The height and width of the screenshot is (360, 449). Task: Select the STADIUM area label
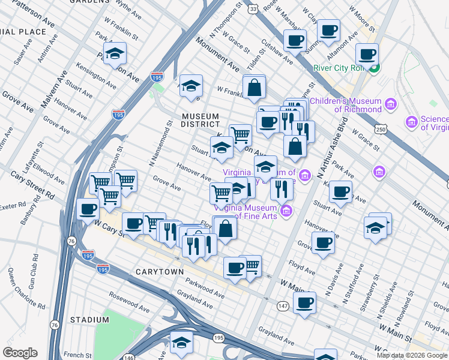[89, 320]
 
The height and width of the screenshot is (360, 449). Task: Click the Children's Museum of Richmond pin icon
[391, 105]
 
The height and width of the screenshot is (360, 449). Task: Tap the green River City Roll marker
[374, 68]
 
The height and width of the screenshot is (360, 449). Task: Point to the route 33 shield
[254, 8]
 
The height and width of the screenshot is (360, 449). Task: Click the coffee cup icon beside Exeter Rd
[88, 209]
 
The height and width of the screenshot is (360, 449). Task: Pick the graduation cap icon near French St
[181, 342]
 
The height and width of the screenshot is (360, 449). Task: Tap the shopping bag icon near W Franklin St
[255, 87]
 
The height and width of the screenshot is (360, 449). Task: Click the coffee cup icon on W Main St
[304, 302]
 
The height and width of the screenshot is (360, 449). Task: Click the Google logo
[20, 353]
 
